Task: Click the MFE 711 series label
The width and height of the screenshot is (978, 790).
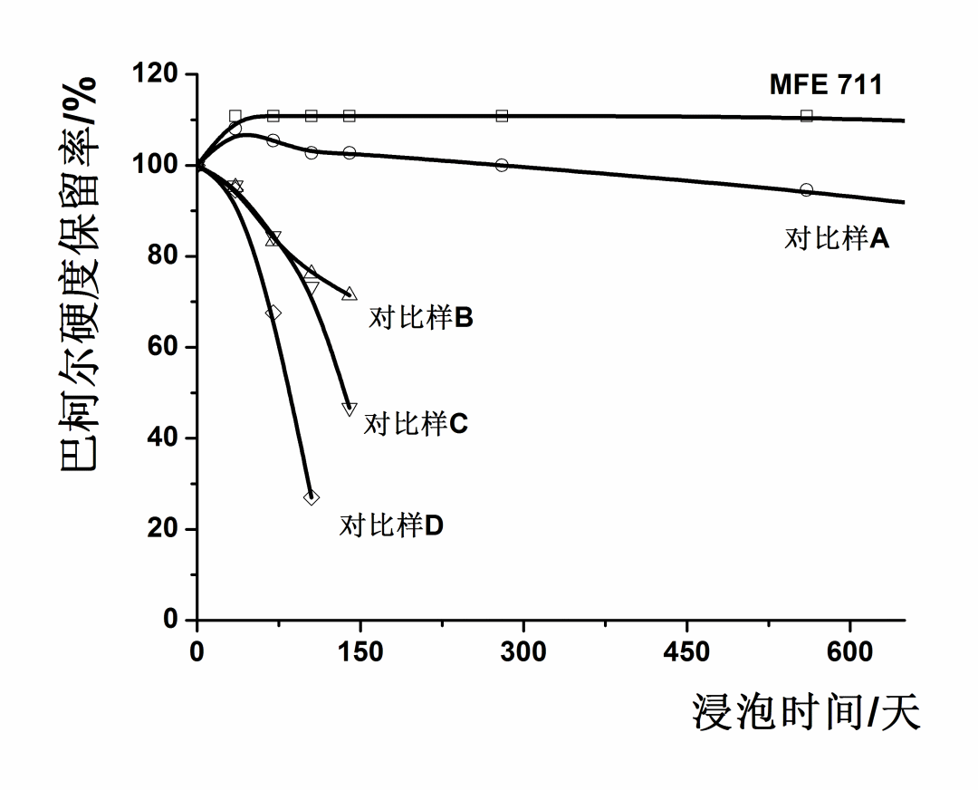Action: coord(826,85)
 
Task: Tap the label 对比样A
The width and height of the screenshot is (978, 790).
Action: coord(837,239)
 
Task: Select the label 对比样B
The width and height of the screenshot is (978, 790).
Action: coord(421,318)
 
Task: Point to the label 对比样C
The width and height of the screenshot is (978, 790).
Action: coord(416,423)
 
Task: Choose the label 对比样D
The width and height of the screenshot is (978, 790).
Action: coord(391,525)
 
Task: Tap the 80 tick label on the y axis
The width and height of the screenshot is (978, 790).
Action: coord(165,256)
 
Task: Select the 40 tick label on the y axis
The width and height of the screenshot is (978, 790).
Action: coord(165,438)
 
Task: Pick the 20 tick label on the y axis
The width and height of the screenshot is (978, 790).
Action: coord(165,529)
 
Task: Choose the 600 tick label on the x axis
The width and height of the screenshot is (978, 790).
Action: coord(850,652)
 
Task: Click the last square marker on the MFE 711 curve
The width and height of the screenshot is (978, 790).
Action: coord(807,115)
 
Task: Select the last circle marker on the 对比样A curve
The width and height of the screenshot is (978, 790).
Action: coord(807,190)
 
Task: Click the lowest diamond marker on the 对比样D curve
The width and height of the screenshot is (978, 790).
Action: coord(312,497)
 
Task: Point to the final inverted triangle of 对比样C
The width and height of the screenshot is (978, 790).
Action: coord(350,409)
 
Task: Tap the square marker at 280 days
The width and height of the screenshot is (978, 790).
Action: coord(502,115)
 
